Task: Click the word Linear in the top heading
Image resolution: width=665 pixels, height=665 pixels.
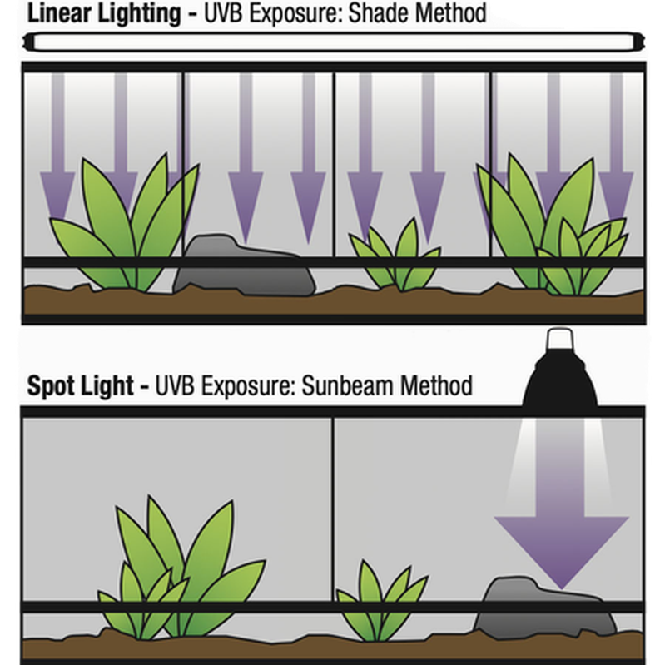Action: pos(60,14)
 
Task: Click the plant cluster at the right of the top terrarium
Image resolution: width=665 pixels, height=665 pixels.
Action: pos(553,233)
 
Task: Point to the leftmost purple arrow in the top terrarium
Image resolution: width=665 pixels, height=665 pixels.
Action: pos(57,150)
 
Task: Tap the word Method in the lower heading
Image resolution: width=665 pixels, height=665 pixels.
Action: pos(442,387)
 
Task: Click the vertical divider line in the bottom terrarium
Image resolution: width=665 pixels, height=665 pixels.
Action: pos(333,499)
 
